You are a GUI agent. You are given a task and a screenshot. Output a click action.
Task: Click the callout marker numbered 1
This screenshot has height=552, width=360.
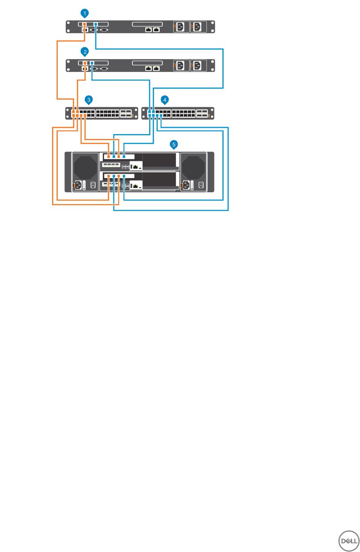[85, 13]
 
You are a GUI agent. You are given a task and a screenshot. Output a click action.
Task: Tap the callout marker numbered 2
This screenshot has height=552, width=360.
[85, 52]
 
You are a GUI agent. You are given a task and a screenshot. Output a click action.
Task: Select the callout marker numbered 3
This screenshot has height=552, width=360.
[89, 100]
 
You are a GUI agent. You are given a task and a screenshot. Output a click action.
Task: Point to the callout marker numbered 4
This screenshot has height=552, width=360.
[165, 100]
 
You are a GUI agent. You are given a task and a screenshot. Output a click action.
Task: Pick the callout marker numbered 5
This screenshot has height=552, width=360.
[174, 144]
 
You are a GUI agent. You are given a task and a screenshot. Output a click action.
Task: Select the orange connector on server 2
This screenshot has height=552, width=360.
[85, 63]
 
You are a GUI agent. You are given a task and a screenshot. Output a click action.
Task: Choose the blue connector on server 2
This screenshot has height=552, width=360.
[92, 63]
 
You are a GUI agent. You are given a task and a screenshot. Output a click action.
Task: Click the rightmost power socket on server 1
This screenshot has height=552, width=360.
[196, 27]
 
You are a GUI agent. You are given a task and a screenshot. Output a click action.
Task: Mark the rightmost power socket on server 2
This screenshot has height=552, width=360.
[196, 66]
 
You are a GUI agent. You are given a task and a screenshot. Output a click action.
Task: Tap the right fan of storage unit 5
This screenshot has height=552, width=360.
[193, 166]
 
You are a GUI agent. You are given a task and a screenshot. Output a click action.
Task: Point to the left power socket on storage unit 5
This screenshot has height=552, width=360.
[78, 185]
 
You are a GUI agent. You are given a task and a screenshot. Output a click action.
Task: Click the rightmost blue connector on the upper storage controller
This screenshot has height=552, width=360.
[124, 156]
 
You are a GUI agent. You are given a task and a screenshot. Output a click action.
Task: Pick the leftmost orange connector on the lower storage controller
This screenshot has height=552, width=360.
[109, 175]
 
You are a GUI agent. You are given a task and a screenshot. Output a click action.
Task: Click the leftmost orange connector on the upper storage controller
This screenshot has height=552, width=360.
[109, 156]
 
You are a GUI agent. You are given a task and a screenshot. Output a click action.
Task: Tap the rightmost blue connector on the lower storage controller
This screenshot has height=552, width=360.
[124, 175]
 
